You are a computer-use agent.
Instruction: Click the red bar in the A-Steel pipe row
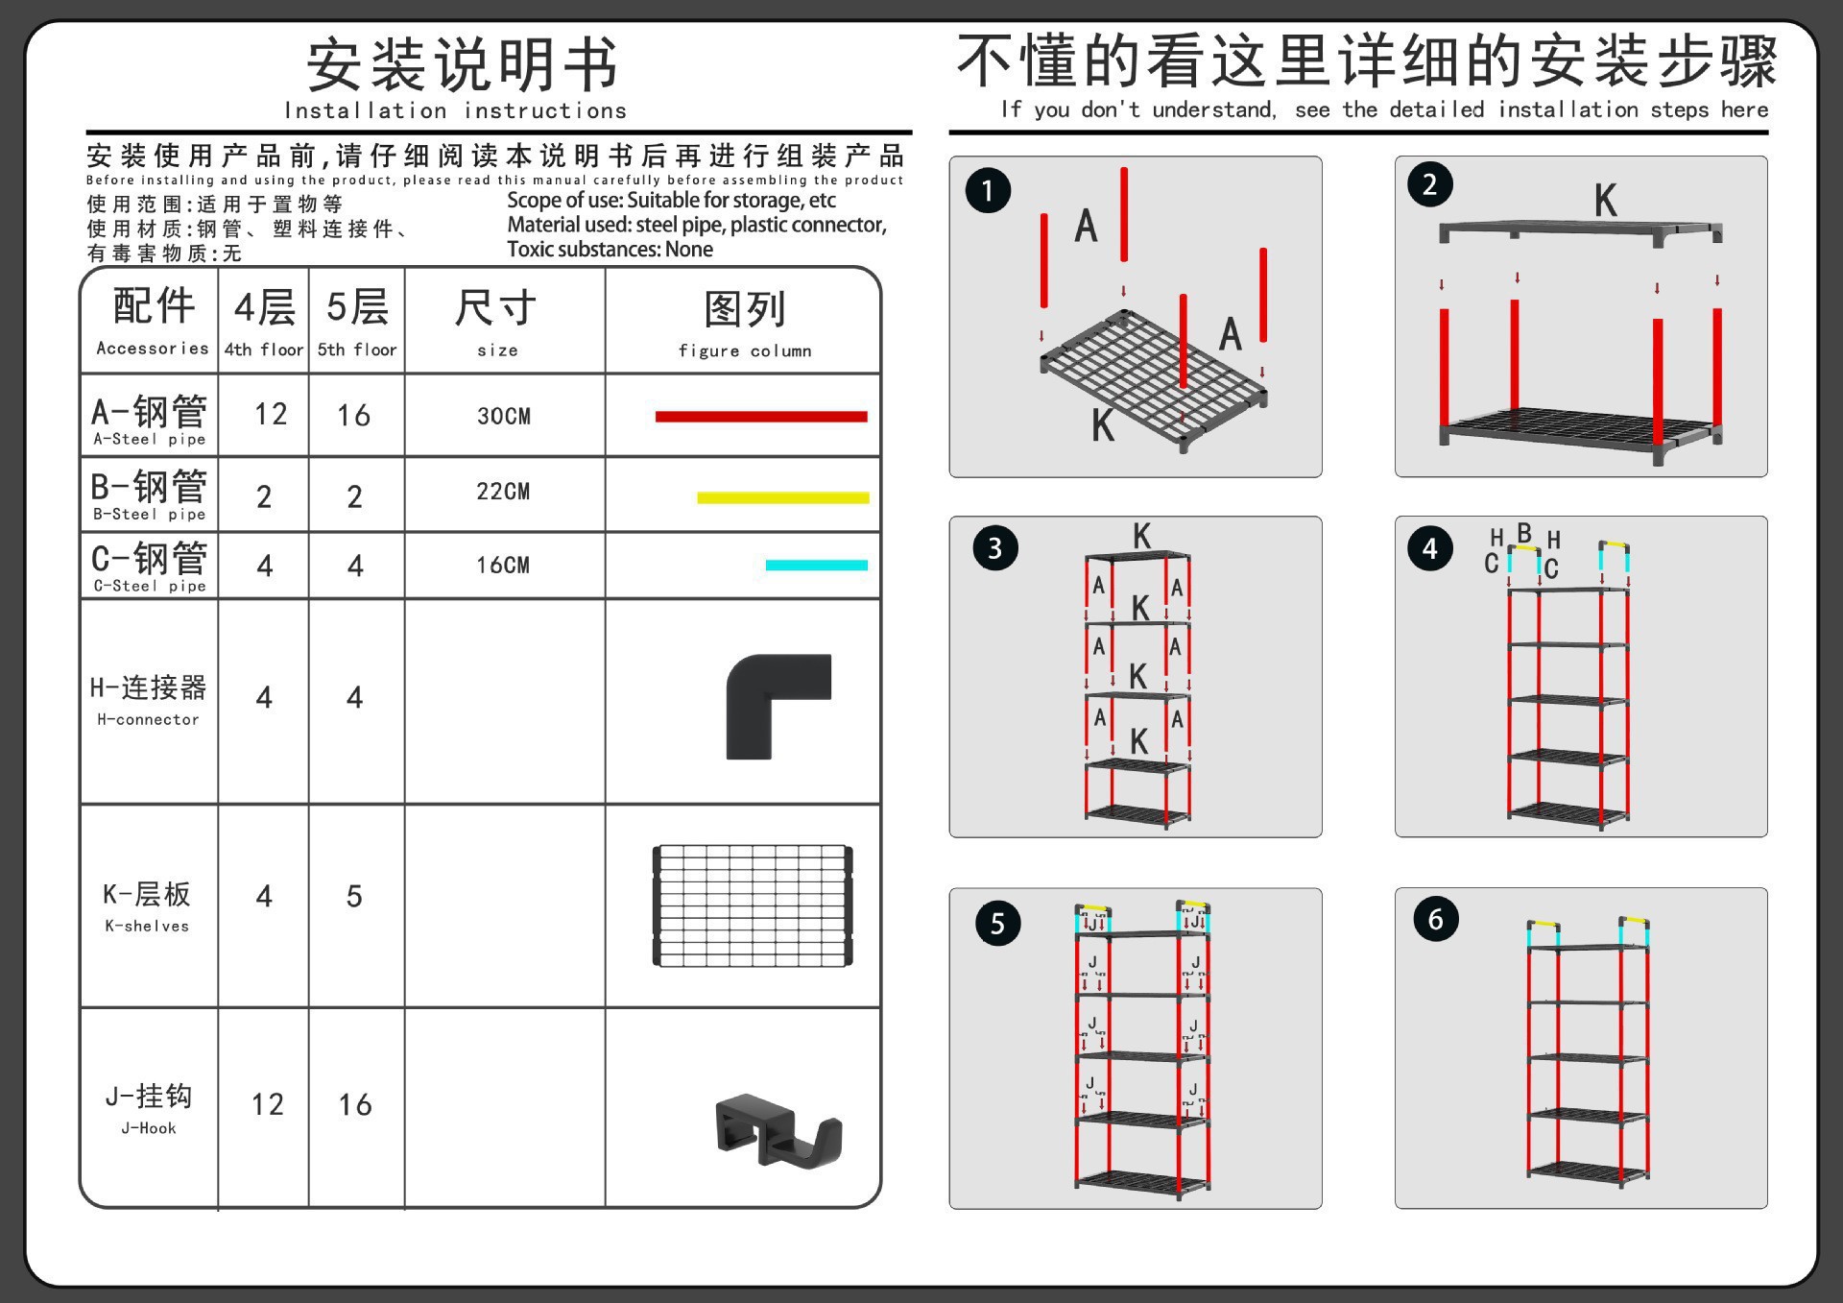(x=760, y=417)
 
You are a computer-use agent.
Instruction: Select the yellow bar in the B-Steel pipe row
(x=782, y=497)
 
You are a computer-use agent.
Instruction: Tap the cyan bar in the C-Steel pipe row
(x=816, y=566)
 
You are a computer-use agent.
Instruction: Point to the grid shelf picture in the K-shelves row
(x=753, y=905)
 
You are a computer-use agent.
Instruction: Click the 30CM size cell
(x=504, y=416)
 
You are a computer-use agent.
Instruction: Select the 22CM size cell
(x=504, y=492)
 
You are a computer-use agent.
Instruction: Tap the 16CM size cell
(x=504, y=566)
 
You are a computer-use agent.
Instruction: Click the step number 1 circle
(x=988, y=190)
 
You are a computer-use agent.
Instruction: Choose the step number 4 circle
(x=1430, y=548)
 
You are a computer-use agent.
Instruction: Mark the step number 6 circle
(x=1435, y=919)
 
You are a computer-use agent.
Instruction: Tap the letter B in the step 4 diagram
(x=1524, y=532)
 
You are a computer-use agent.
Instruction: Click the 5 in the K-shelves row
(x=354, y=897)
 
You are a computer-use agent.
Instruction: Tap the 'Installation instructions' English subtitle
(x=455, y=111)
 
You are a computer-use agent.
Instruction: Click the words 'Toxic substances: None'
(x=610, y=250)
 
